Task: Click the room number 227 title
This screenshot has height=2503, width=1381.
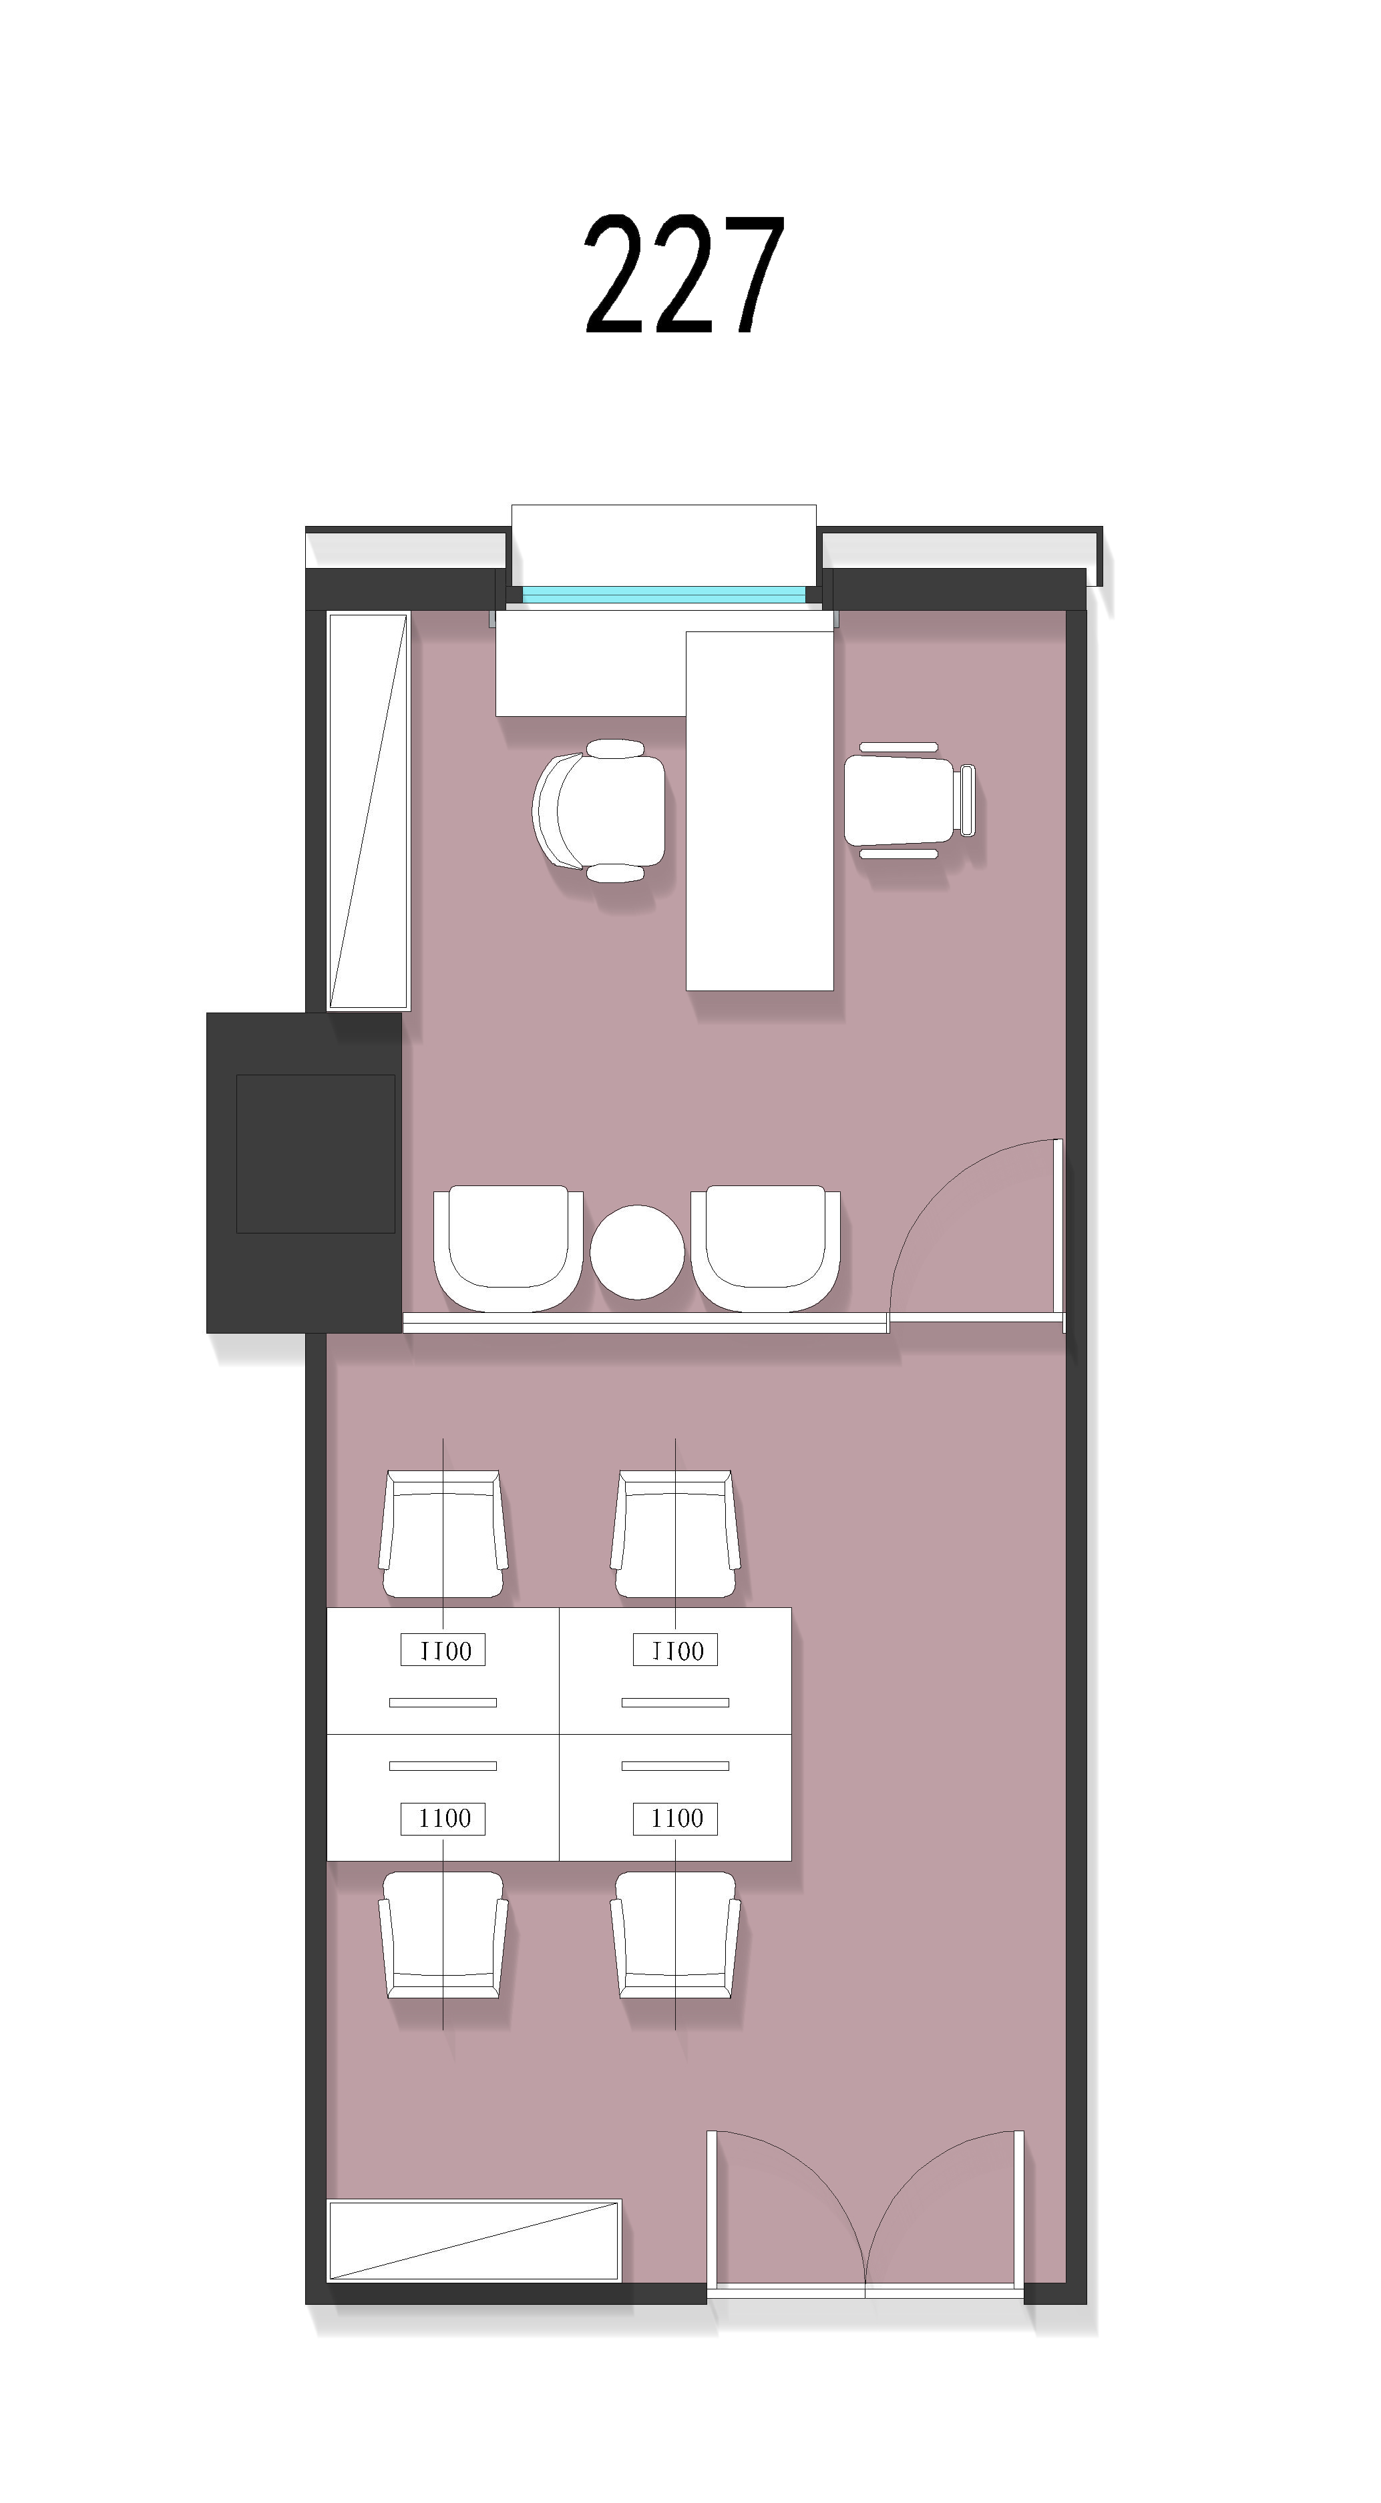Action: (x=684, y=275)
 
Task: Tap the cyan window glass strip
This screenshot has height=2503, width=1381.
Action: (x=664, y=593)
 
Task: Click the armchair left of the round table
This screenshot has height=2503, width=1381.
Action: (x=508, y=1249)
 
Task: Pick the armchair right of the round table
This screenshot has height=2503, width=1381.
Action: (x=766, y=1249)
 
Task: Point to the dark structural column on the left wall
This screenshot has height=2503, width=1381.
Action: (x=305, y=1173)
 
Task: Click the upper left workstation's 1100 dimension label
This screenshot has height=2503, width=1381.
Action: (x=443, y=1650)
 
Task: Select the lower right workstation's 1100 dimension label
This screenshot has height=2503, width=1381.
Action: (x=675, y=1818)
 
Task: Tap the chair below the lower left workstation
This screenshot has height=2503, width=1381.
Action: (x=443, y=1934)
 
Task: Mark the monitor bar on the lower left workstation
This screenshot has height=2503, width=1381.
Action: (x=443, y=1765)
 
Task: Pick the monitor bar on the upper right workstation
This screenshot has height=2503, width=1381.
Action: (x=675, y=1702)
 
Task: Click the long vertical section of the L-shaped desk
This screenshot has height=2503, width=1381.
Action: (x=760, y=812)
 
